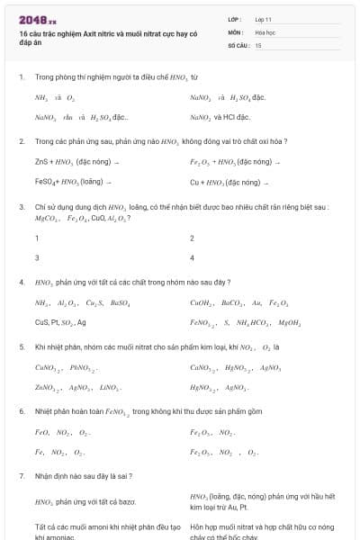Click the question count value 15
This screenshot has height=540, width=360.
tap(258, 44)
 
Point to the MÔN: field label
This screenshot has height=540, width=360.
tap(236, 31)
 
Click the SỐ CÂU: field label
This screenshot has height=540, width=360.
tap(238, 44)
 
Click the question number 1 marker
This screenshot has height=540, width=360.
tap(21, 77)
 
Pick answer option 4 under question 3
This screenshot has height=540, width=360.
tap(192, 257)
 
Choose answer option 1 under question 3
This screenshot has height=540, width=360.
tap(37, 238)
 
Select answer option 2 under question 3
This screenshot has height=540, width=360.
tap(192, 238)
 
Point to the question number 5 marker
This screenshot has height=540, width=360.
tap(21, 346)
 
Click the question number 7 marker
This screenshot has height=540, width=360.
tap(21, 475)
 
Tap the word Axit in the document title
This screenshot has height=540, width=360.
tap(78, 32)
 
